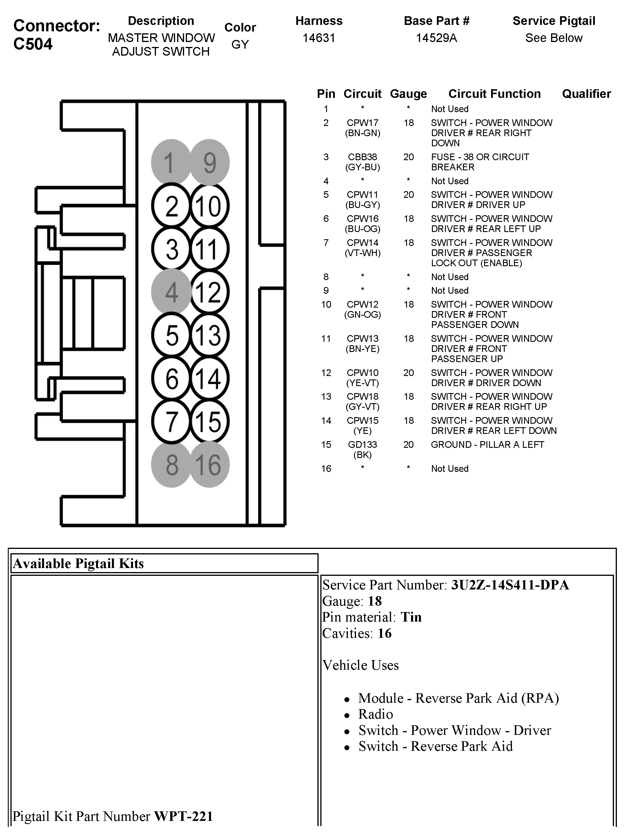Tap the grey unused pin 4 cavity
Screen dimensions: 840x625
(x=171, y=292)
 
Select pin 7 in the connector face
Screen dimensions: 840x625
(x=171, y=421)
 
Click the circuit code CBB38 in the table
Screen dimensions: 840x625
(x=362, y=157)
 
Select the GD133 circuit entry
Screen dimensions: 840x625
(x=362, y=445)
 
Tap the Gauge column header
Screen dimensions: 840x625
(x=408, y=94)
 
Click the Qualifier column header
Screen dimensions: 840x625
(x=586, y=94)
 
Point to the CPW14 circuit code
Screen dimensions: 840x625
(x=362, y=243)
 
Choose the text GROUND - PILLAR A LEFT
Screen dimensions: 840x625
(x=487, y=445)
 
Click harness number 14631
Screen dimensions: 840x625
(x=319, y=38)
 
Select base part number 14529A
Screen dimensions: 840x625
(x=436, y=38)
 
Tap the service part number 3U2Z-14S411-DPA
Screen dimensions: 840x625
(x=510, y=585)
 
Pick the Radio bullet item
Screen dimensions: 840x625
(x=375, y=714)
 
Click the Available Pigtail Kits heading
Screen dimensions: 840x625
(x=78, y=563)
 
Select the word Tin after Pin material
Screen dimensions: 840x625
(x=411, y=617)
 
